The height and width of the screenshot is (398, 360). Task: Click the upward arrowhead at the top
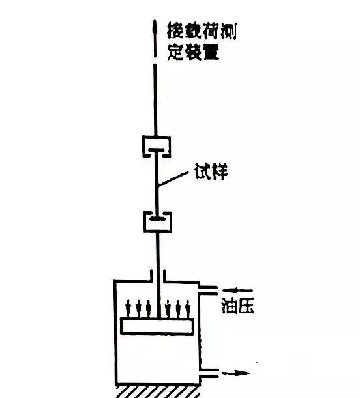(155, 27)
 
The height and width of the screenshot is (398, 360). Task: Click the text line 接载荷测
(202, 31)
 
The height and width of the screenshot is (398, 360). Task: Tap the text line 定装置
(193, 52)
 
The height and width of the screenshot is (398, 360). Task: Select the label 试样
(211, 171)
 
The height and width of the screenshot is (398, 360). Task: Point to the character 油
(229, 306)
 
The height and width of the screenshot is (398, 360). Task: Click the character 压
(246, 306)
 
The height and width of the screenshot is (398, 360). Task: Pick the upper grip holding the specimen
(157, 147)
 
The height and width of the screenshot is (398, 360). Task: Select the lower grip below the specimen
(158, 222)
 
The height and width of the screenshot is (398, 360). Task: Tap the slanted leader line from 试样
(173, 178)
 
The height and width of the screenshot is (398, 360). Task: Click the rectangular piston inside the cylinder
(157, 326)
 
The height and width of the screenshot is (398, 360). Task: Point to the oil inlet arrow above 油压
(237, 290)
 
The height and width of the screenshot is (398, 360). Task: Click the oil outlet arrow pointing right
(235, 373)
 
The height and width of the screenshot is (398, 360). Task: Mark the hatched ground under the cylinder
(158, 392)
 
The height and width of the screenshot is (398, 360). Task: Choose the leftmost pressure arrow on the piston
(128, 308)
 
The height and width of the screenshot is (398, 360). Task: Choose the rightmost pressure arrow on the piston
(188, 309)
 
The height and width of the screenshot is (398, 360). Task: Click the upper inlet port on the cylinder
(208, 291)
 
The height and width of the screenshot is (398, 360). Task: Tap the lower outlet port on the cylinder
(209, 373)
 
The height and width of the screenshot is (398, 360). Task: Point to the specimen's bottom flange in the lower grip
(158, 218)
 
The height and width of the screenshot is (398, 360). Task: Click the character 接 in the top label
(175, 31)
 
